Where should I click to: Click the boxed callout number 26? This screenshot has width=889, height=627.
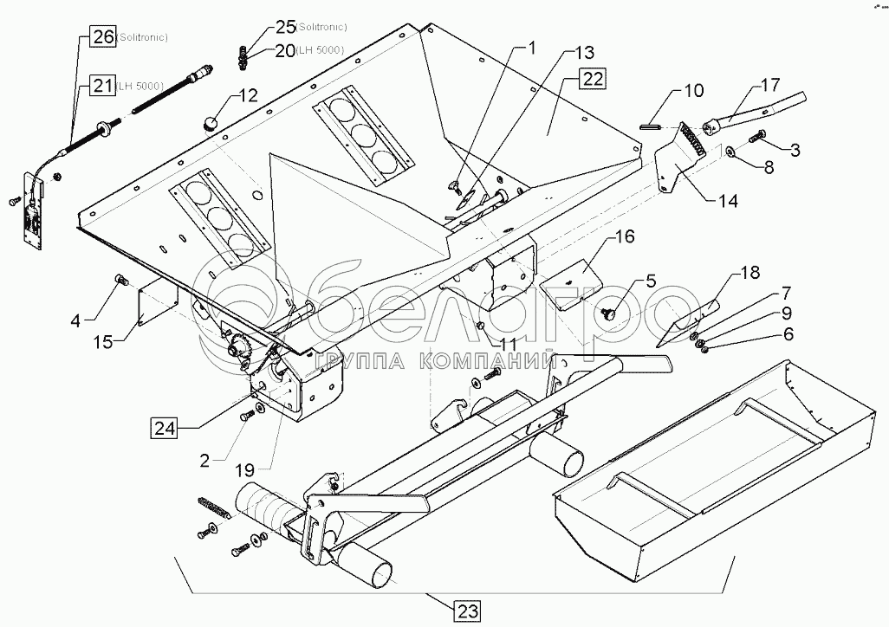[102, 37]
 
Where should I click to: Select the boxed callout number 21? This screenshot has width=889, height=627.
[102, 85]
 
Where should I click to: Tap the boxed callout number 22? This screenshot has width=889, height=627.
[592, 80]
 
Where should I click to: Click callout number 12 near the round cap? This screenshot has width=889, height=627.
[248, 95]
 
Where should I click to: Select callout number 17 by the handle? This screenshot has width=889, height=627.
[770, 86]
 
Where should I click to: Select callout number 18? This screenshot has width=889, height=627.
[749, 273]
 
